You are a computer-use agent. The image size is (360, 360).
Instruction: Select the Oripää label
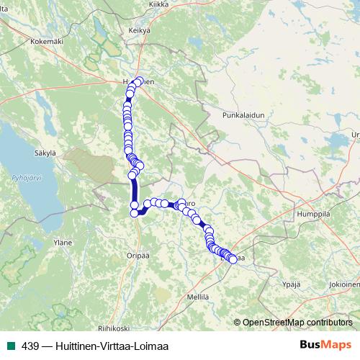tap(137, 255)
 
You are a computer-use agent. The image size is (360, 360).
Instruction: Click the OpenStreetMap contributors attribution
tap(297, 322)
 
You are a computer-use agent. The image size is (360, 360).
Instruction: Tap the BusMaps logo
tap(325, 345)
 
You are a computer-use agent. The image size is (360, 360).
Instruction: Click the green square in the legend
tap(12, 346)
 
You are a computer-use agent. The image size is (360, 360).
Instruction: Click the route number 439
tap(29, 346)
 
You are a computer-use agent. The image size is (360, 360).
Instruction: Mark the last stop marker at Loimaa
tap(233, 259)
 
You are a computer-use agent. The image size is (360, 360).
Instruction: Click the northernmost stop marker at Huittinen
tap(139, 81)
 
